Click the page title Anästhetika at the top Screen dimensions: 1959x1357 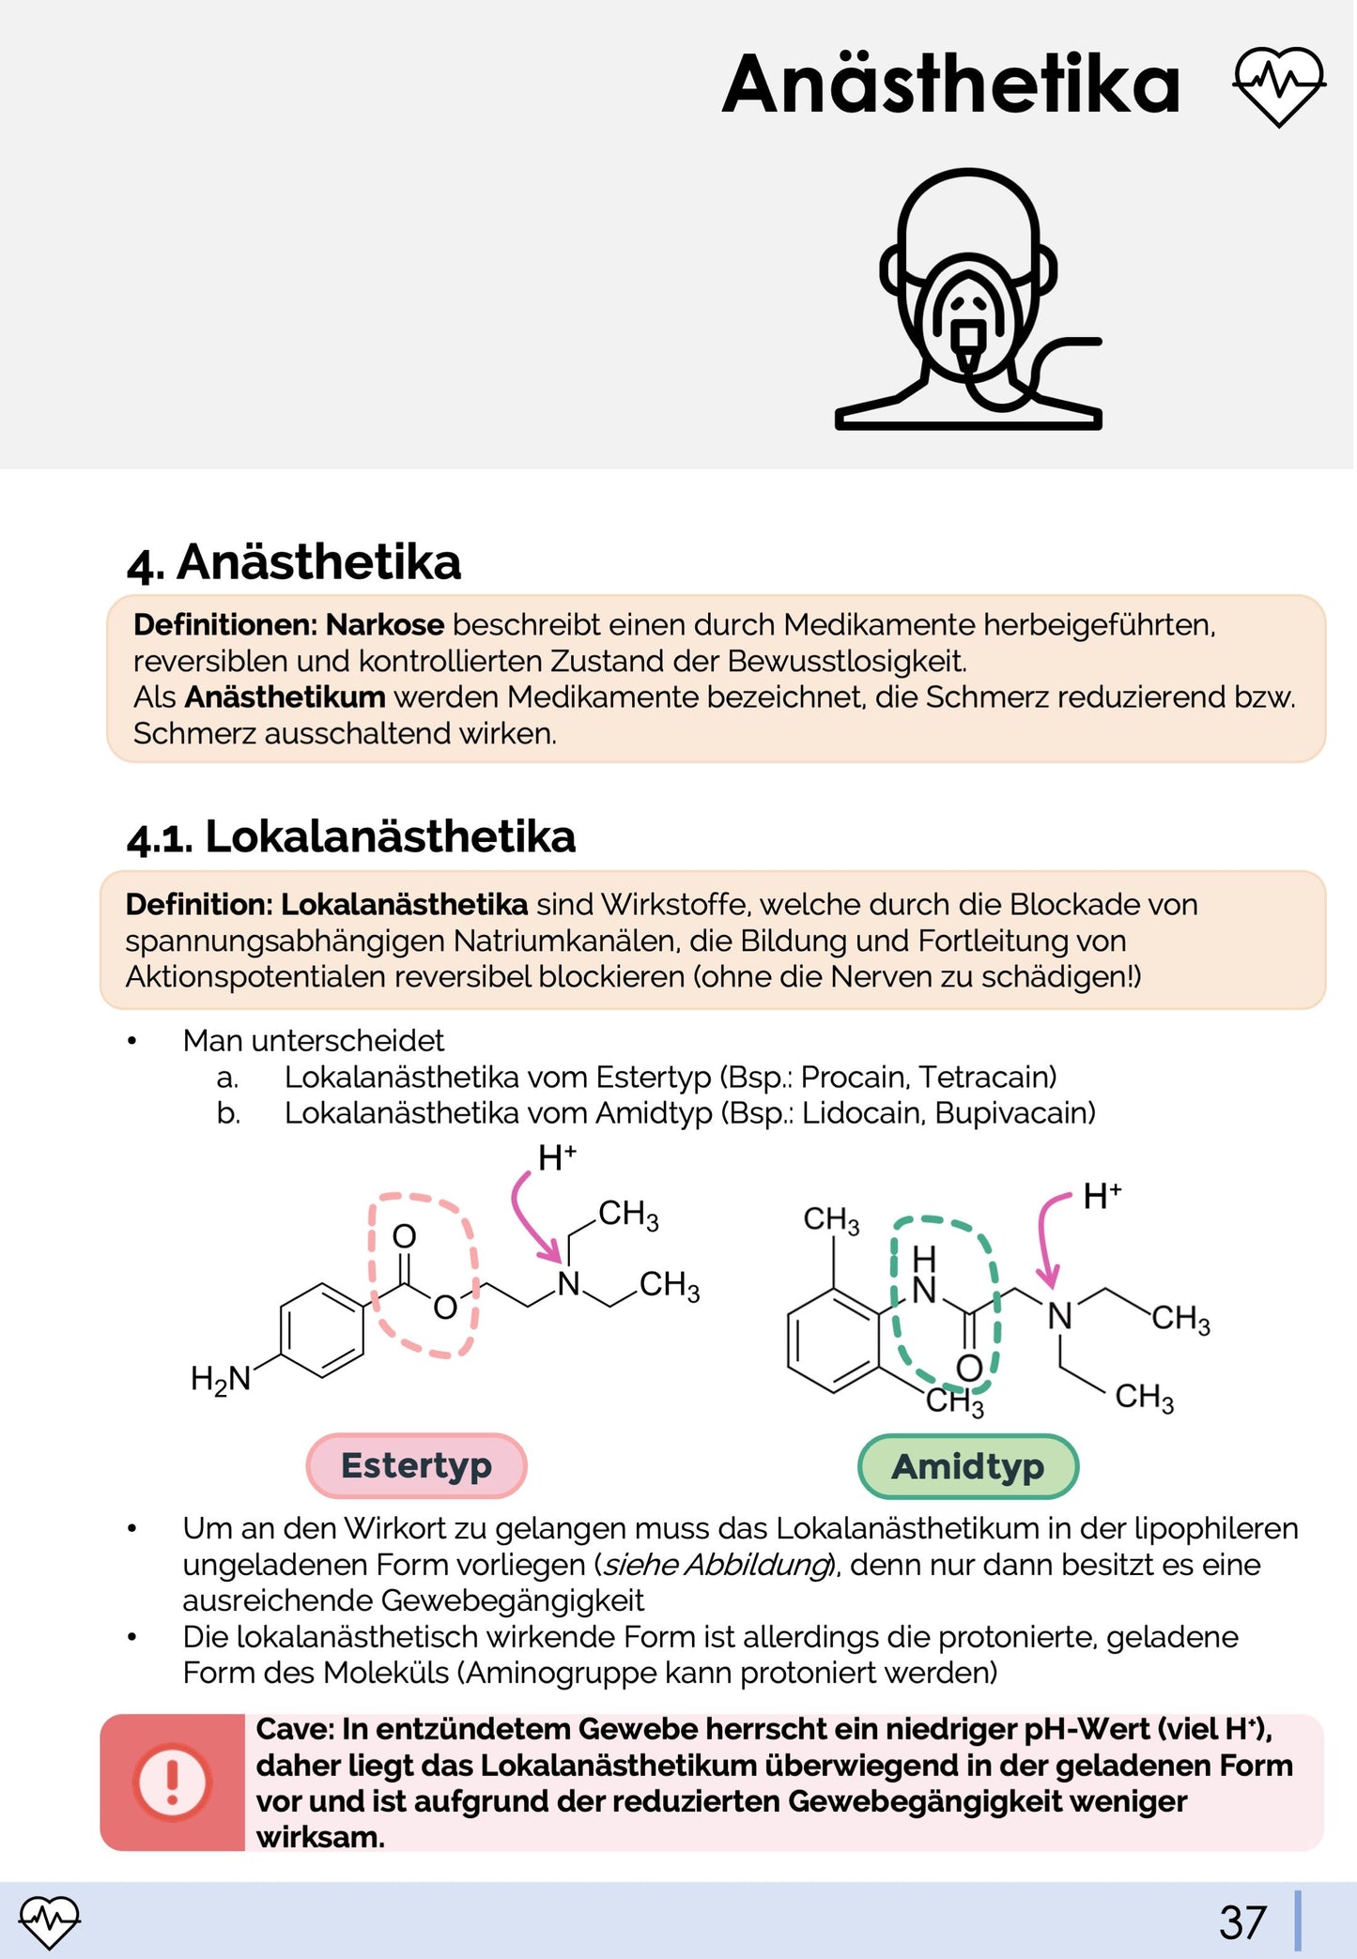(949, 84)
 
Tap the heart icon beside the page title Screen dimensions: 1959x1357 (1278, 86)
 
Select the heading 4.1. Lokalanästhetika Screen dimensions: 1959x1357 (351, 836)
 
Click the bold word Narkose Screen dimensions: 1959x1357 (385, 625)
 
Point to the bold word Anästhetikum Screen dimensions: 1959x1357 (285, 697)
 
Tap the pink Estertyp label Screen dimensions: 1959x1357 (416, 1465)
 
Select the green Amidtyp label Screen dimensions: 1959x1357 (967, 1466)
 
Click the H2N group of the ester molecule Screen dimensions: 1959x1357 (221, 1379)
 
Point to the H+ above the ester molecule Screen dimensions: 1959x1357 (557, 1159)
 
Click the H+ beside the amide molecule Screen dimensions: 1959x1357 (1102, 1197)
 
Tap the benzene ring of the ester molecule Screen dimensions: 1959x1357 (322, 1330)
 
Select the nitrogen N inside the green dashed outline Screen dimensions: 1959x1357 (924, 1291)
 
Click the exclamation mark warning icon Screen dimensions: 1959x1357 (172, 1782)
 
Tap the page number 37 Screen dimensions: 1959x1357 (1242, 1922)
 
